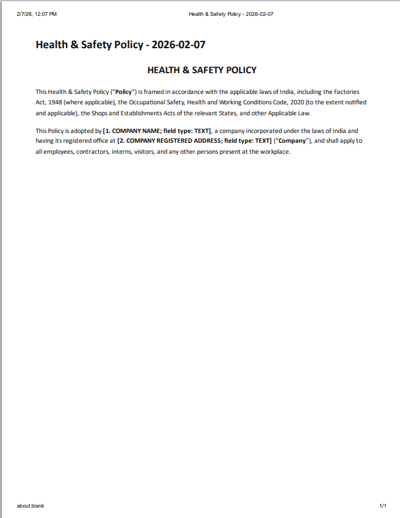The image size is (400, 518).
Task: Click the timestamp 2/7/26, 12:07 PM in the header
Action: (x=37, y=13)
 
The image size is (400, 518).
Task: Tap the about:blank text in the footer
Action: (x=31, y=506)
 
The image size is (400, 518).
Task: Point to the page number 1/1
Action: (x=383, y=506)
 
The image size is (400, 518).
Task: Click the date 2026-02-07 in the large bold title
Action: (x=182, y=45)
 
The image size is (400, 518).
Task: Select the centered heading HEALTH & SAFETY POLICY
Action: (x=202, y=70)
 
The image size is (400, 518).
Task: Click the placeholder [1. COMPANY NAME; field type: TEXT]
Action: (x=157, y=131)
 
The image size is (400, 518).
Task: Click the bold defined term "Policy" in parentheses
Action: (x=123, y=92)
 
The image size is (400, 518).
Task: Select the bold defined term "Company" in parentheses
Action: (x=293, y=141)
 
